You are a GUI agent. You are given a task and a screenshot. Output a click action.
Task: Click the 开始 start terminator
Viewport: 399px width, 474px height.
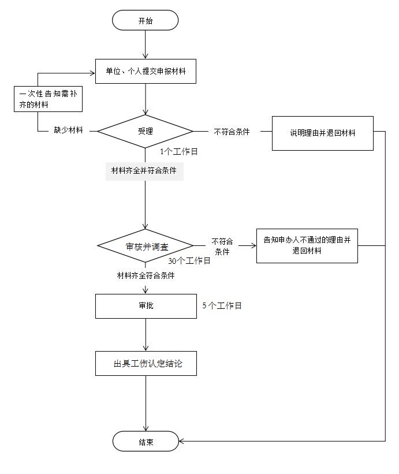pos(146,21)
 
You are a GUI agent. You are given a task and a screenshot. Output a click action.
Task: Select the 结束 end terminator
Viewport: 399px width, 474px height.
pos(146,442)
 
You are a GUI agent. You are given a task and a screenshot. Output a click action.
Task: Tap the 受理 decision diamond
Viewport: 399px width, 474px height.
pos(145,131)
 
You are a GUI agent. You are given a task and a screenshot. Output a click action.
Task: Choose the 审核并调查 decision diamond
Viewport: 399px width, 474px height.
pos(145,247)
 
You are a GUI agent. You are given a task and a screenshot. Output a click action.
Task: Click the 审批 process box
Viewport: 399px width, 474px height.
pos(146,306)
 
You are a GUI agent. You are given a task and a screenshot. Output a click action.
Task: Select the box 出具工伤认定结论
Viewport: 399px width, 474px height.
pos(145,364)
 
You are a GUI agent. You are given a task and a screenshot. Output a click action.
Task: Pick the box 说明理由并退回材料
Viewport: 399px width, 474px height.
pos(322,133)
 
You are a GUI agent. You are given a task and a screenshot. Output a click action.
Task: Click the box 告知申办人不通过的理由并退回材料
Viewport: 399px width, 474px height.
pos(307,245)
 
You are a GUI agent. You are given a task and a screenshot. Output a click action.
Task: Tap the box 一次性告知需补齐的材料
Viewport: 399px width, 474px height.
pos(48,99)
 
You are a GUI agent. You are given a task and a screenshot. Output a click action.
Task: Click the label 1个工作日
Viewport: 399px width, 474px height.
pos(179,152)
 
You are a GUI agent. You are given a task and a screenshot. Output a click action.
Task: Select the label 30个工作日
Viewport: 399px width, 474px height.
pos(189,261)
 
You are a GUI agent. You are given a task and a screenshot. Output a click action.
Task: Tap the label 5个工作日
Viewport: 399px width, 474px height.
pos(222,306)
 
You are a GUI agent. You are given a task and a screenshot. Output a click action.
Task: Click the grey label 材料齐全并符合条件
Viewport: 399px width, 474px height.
pos(144,171)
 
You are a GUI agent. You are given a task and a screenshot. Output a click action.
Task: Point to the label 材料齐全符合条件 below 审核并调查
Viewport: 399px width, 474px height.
pos(146,276)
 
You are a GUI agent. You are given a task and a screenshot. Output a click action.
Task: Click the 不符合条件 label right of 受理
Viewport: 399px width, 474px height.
pos(232,132)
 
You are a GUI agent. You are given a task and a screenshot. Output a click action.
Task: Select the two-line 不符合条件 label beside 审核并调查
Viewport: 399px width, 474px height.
pos(222,247)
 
